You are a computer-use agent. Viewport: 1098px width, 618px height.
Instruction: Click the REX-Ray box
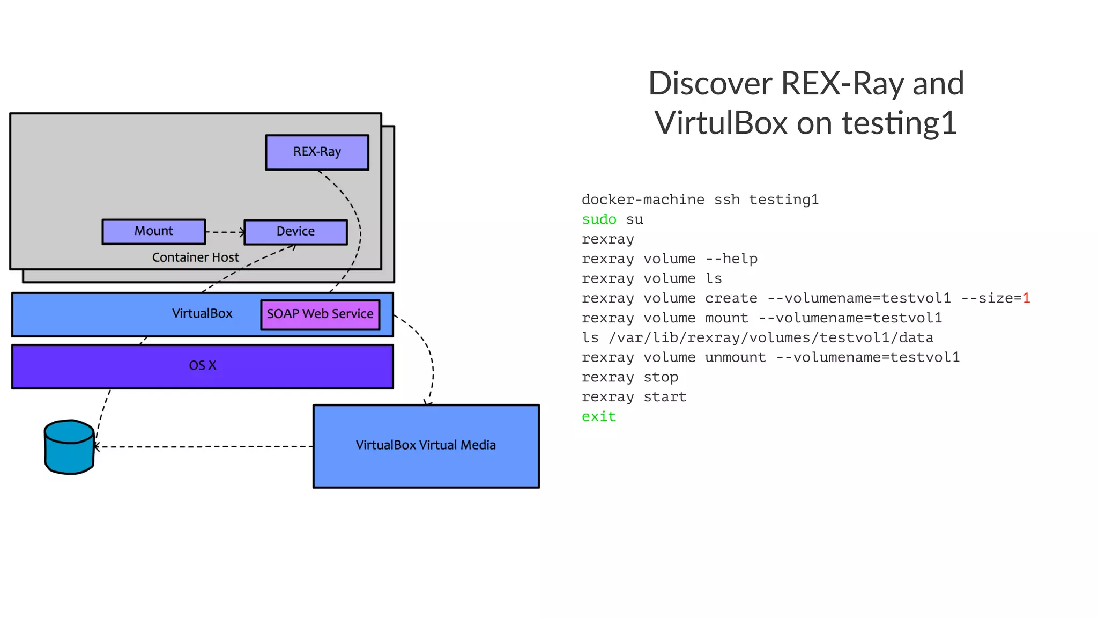tap(317, 152)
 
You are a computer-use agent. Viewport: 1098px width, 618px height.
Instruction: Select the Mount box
tap(153, 231)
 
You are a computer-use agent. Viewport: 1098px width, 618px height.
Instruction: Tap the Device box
tap(295, 232)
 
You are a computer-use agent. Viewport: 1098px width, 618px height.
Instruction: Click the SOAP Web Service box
tap(320, 314)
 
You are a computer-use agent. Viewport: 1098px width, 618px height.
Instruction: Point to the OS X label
tap(202, 366)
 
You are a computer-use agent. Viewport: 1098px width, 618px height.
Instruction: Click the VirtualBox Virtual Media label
tap(425, 445)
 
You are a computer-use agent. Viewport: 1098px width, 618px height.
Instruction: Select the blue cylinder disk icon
tap(69, 447)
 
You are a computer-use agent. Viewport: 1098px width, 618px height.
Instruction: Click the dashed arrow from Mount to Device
tap(225, 232)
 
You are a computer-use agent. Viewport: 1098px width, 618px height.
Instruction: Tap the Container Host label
tap(195, 257)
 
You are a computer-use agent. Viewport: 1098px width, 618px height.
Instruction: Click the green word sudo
tap(599, 219)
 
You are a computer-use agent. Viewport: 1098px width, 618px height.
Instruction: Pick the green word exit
tap(599, 417)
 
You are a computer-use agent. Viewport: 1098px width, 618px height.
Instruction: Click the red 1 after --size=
tap(1026, 298)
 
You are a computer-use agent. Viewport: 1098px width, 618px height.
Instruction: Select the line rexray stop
tap(629, 377)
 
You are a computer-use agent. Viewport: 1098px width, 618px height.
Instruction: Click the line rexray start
tap(634, 397)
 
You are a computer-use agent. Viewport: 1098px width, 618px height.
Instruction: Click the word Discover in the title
tap(710, 84)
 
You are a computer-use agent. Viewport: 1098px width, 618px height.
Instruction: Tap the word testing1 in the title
tap(899, 123)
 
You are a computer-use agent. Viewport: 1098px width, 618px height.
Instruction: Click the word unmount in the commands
tap(735, 357)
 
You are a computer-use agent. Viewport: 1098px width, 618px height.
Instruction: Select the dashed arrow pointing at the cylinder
tap(204, 446)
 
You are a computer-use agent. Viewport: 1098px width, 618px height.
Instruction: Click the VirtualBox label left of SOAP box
tap(202, 314)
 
